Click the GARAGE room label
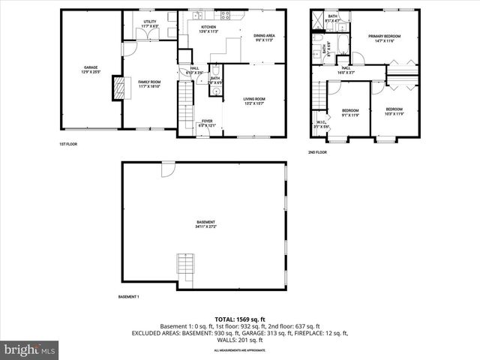(90, 70)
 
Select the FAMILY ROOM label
(149, 83)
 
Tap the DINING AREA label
(264, 37)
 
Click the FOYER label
(206, 123)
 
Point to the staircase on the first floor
(185, 105)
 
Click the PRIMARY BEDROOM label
(383, 38)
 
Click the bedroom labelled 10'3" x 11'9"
(394, 111)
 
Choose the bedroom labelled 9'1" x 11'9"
(351, 112)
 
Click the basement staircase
(185, 265)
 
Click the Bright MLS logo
(30, 349)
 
